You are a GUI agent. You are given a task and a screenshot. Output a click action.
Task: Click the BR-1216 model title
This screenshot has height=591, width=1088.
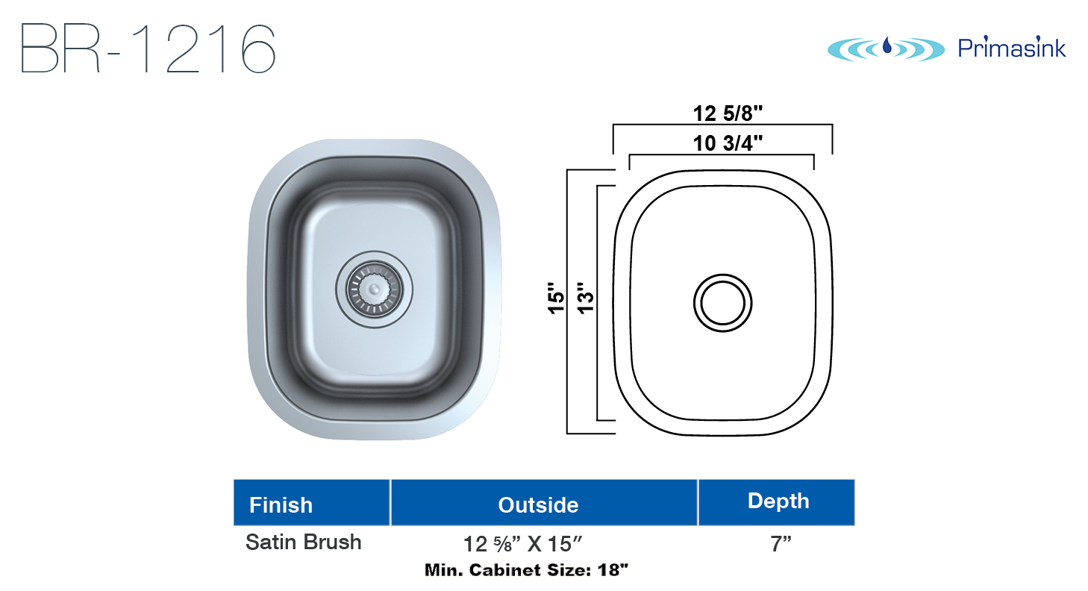pos(148,49)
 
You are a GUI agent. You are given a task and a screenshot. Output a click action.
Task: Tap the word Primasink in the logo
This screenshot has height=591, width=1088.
pos(1012,48)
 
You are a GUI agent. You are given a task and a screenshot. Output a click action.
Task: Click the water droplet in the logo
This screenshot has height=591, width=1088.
pos(887,46)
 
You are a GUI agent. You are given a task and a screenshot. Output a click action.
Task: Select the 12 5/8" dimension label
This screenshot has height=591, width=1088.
pos(728,113)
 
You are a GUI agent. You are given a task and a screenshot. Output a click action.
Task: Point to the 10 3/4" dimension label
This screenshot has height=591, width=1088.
pos(728,143)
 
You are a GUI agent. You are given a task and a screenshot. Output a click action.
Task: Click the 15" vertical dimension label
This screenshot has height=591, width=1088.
pos(557,298)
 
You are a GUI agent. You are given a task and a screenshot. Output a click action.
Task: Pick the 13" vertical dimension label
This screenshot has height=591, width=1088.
pos(586,298)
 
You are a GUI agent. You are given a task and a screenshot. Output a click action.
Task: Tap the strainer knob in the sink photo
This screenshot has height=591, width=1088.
pos(374,290)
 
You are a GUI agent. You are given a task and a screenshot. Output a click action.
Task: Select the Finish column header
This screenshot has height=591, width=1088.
pos(281,505)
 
